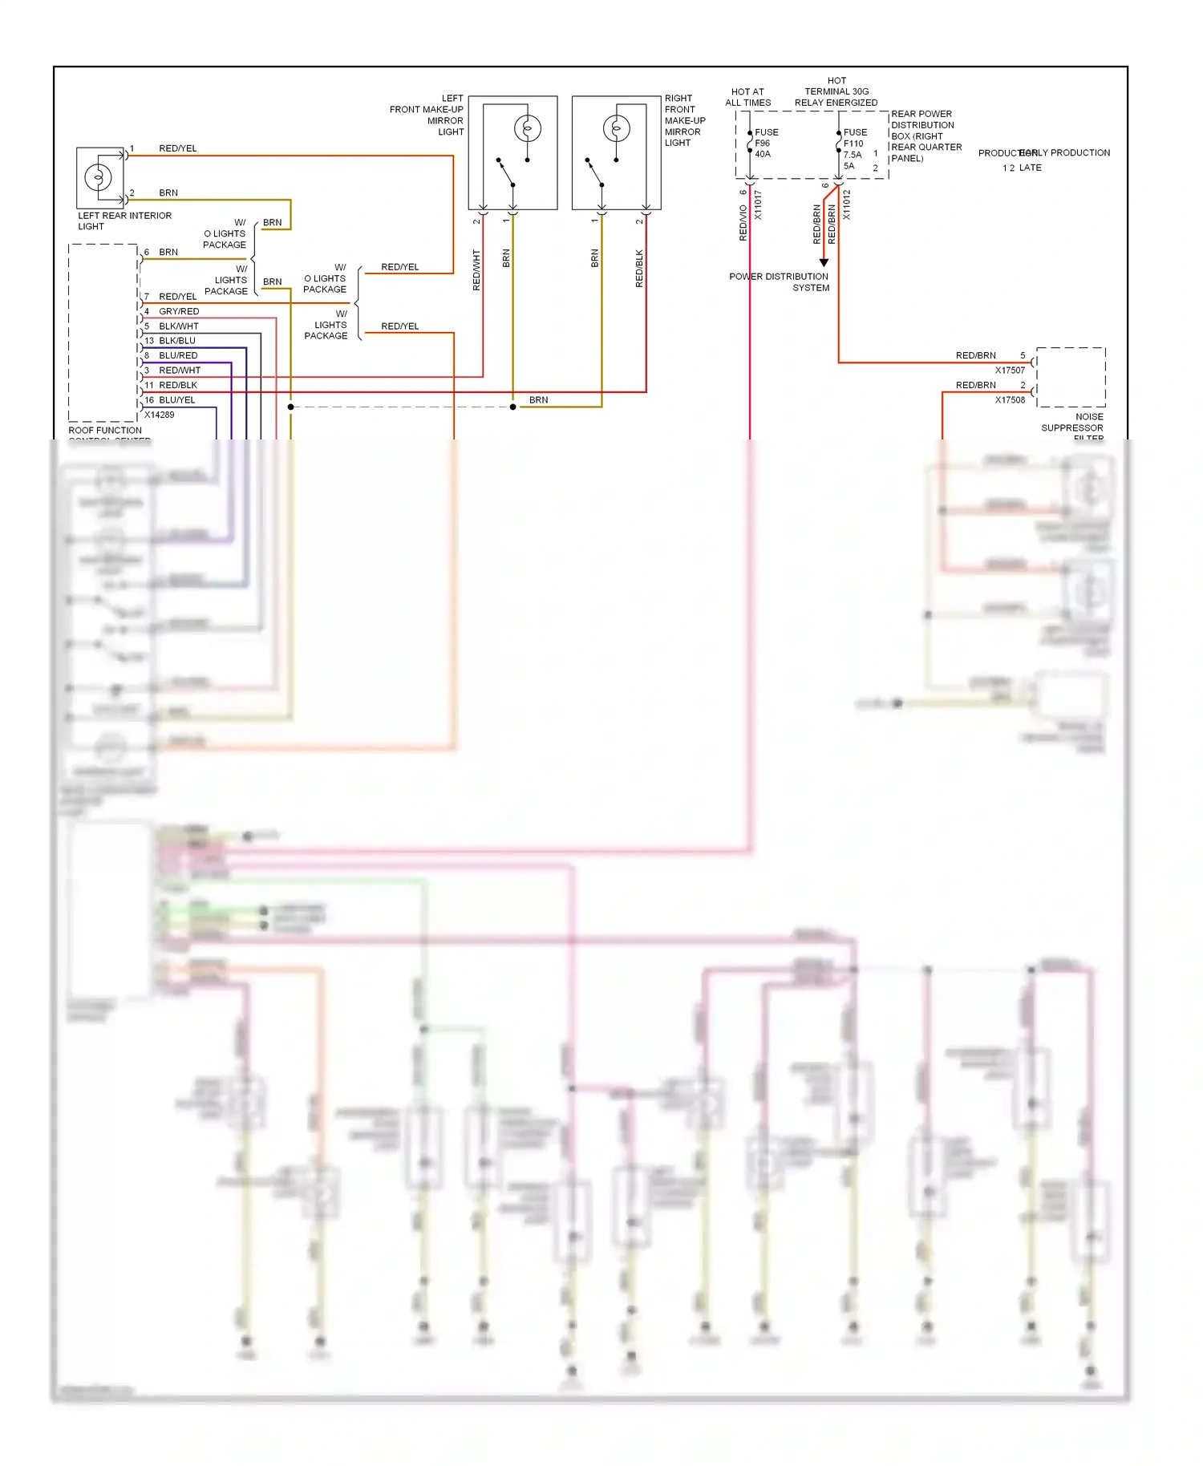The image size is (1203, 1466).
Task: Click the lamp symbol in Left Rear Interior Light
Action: [99, 176]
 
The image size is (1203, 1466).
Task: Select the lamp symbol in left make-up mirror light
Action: [527, 128]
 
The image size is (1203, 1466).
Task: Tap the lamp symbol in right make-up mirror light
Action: [616, 128]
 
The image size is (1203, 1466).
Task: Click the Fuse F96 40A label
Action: [766, 144]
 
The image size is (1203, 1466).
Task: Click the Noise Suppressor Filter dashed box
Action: [1071, 377]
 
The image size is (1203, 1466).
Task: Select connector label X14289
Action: [159, 415]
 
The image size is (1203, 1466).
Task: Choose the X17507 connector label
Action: [1010, 371]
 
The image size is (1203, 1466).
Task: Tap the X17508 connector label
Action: [1010, 399]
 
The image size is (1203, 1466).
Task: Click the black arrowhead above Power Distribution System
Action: [824, 263]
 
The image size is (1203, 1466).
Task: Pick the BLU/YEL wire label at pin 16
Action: [176, 400]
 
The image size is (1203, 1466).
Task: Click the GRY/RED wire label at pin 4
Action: [178, 311]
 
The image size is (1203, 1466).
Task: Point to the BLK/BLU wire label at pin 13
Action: [176, 341]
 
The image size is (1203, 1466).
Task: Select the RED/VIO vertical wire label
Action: [743, 222]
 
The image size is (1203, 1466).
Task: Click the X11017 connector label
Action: [758, 205]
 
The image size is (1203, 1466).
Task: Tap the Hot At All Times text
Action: [747, 97]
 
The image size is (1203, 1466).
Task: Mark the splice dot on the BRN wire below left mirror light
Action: [513, 407]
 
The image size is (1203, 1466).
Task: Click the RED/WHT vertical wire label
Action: [476, 269]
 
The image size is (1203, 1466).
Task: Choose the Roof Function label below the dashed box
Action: [105, 431]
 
